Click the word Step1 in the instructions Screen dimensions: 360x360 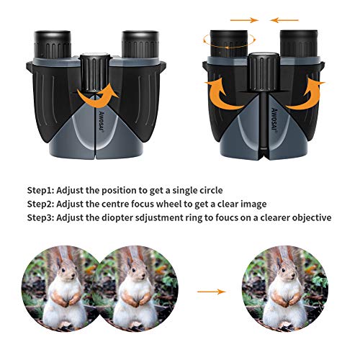pyautogui.click(x=41, y=190)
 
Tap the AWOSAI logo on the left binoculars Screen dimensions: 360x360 pyautogui.click(x=102, y=122)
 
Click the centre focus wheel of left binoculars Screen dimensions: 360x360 pyautogui.click(x=95, y=73)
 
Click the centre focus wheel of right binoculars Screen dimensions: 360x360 pyautogui.click(x=264, y=71)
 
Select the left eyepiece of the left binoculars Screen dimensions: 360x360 pyautogui.click(x=53, y=44)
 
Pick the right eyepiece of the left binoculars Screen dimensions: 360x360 pyautogui.click(x=140, y=44)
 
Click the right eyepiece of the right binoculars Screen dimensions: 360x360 pyautogui.click(x=299, y=43)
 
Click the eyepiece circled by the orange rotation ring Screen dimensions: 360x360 pyautogui.click(x=229, y=43)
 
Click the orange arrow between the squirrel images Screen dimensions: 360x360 pyautogui.click(x=212, y=292)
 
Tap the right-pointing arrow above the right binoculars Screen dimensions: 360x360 pyautogui.click(x=244, y=20)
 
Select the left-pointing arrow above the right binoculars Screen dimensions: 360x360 pyautogui.click(x=284, y=20)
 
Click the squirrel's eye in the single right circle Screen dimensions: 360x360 pyautogui.click(x=283, y=271)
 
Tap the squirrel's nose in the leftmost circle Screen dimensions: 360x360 pyautogui.click(x=73, y=279)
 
